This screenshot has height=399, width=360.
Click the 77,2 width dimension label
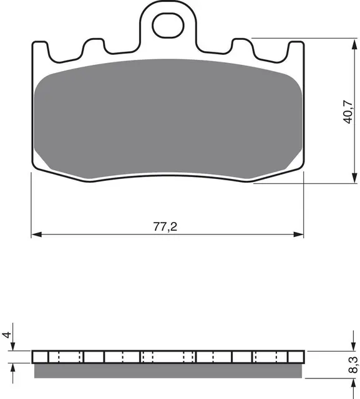(165, 226)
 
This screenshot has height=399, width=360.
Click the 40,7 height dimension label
(348, 112)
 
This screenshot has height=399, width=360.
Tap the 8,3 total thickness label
(353, 365)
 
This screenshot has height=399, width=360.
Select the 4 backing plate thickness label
(7, 335)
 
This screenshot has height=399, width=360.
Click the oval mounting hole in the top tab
(168, 26)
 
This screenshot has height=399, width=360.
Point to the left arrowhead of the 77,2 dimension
(36, 234)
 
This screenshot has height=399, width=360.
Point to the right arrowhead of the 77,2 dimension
(298, 234)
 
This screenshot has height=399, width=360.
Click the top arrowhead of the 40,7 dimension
(354, 44)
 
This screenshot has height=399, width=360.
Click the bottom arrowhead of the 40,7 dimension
(354, 178)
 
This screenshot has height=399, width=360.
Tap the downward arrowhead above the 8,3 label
(353, 345)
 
